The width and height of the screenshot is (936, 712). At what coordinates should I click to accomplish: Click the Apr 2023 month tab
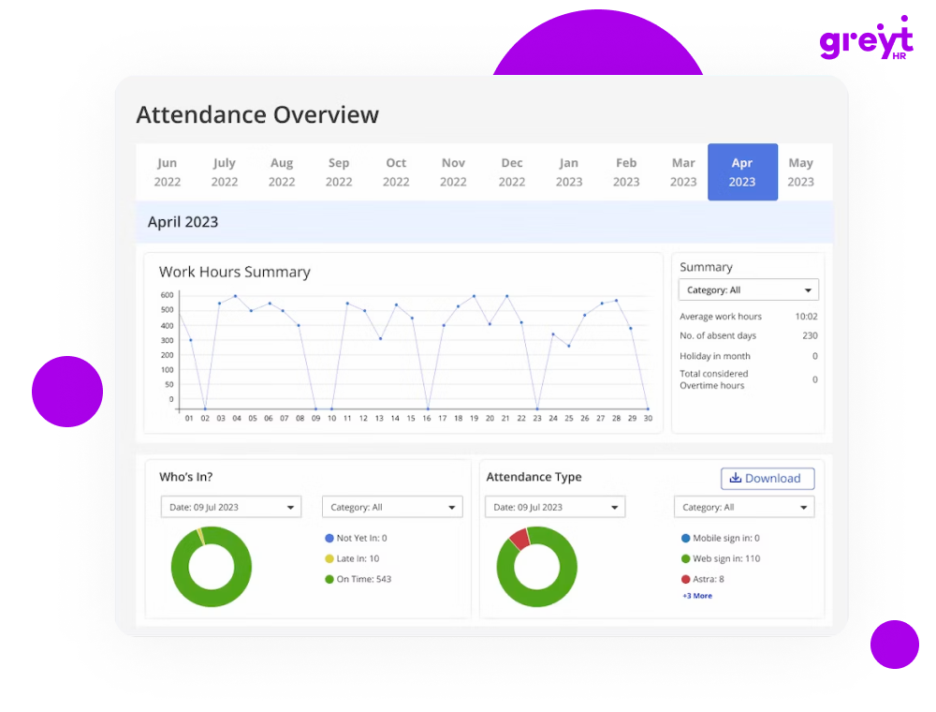[742, 172]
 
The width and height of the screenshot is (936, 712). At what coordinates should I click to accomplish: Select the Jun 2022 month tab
[168, 172]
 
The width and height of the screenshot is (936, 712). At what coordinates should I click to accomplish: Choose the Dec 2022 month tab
[512, 172]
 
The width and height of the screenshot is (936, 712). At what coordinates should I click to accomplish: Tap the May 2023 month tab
[800, 172]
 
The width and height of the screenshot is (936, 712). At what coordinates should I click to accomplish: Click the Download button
[768, 479]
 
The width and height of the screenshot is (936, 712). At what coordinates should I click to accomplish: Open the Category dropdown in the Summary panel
[749, 290]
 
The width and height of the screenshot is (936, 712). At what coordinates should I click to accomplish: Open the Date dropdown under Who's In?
[231, 507]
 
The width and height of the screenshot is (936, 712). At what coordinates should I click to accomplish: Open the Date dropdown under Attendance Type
[555, 507]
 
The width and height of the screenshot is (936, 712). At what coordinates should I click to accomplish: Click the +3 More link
[697, 596]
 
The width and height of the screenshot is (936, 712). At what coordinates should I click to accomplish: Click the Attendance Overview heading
[257, 115]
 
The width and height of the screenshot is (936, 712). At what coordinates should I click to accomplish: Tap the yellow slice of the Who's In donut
[200, 536]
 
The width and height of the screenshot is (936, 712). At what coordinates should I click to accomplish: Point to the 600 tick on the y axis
[168, 295]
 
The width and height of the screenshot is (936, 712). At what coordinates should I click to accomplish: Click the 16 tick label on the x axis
[427, 419]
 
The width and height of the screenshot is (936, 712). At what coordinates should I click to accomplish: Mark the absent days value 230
[809, 335]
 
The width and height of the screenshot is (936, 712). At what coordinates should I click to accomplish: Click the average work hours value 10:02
[806, 317]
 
